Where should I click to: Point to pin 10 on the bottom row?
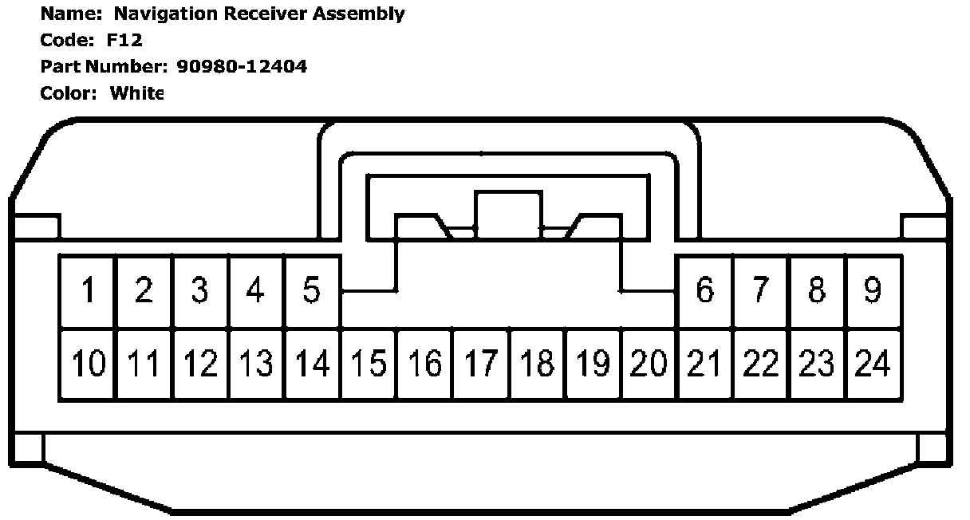tap(88, 364)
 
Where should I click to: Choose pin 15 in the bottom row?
tap(369, 364)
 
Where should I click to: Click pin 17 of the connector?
tap(481, 364)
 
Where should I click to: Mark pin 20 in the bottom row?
tap(649, 364)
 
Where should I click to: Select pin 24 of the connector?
tap(873, 364)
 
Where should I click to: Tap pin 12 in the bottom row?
tap(200, 364)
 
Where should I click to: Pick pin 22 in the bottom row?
tap(761, 364)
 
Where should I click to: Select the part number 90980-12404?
tap(241, 66)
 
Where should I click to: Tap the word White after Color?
tap(136, 93)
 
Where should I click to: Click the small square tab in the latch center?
tap(508, 211)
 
